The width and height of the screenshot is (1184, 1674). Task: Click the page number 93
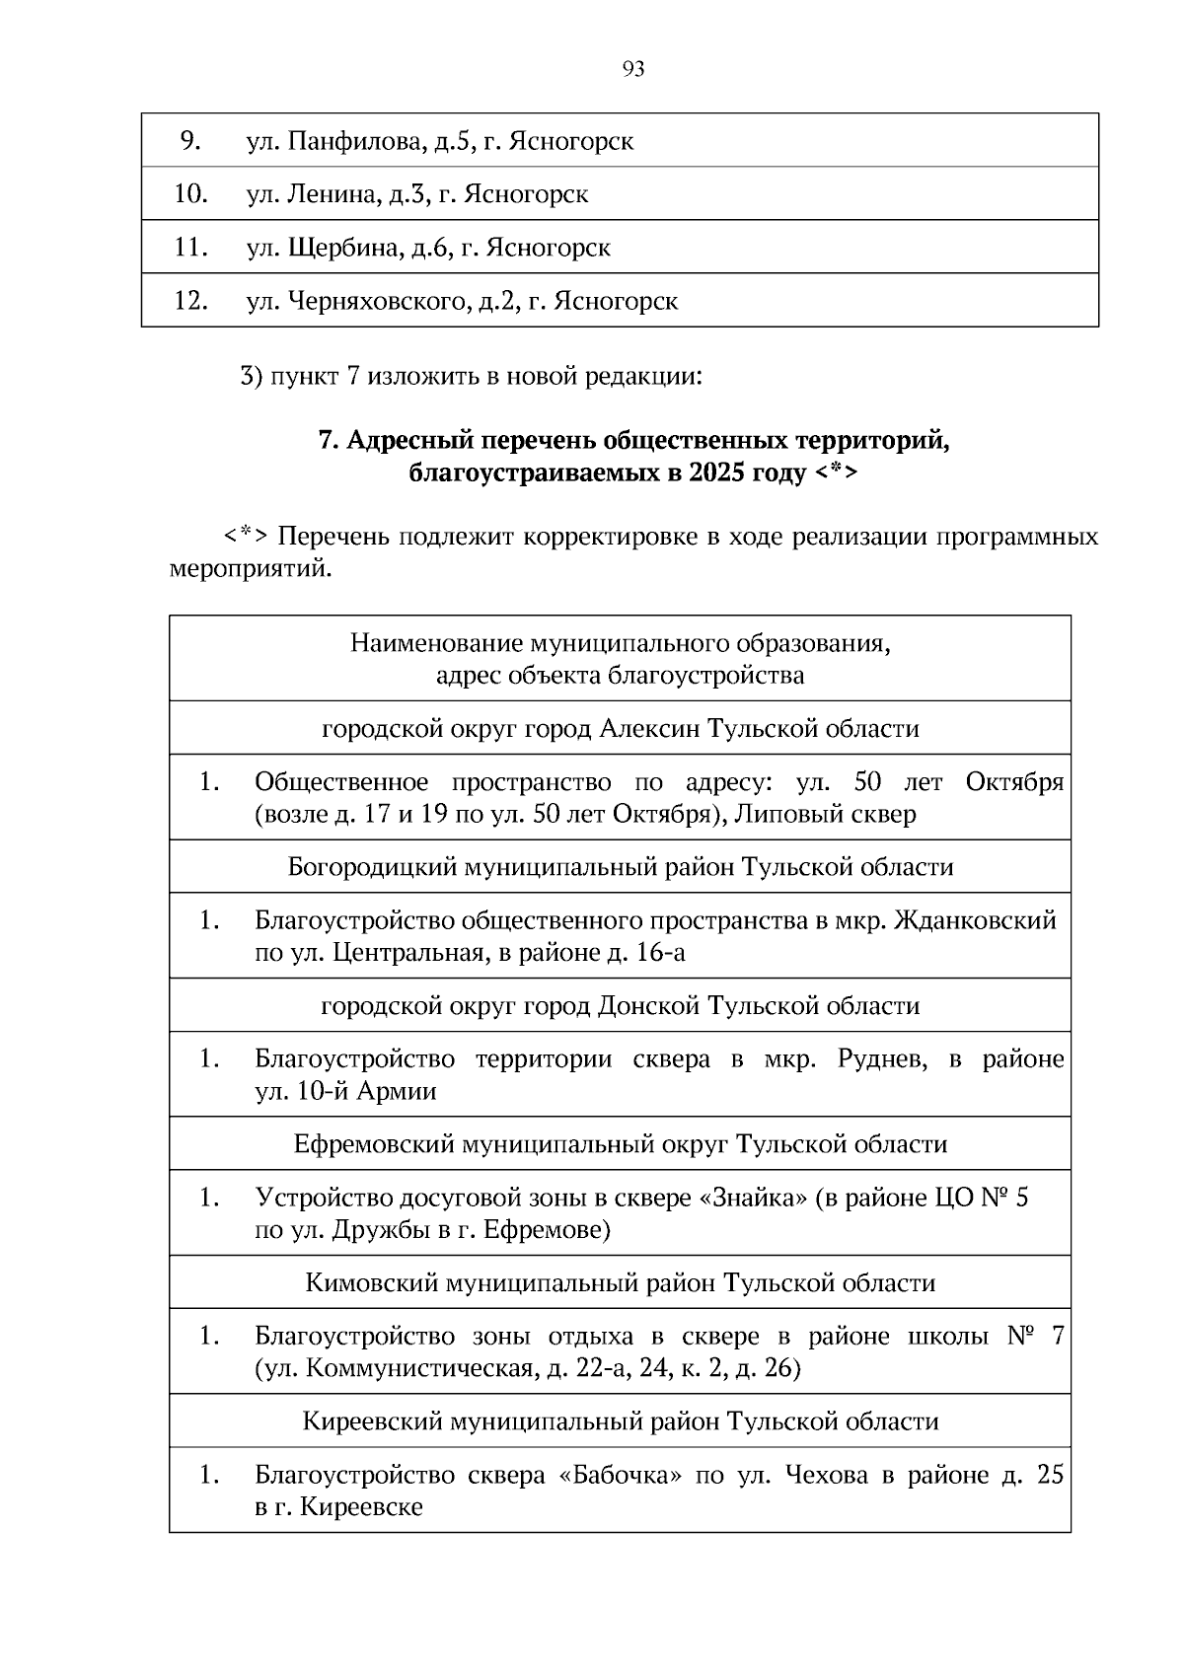[x=634, y=68]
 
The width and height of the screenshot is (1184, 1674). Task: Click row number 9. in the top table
[x=190, y=141]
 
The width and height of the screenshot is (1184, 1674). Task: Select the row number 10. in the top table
[x=190, y=194]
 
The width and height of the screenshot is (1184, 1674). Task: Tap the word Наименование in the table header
[x=437, y=644]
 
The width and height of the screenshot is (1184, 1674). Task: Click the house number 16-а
[x=659, y=953]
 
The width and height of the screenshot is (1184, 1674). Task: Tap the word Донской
[x=649, y=1006]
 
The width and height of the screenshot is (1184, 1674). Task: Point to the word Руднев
[x=882, y=1059]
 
